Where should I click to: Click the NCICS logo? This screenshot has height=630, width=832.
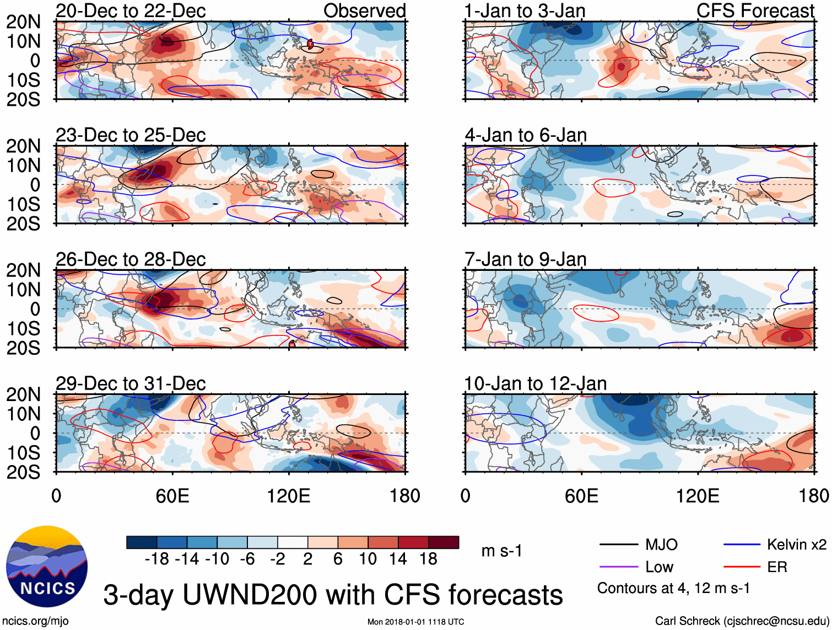[47, 567]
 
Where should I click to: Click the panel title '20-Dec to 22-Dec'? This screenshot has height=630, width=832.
[131, 10]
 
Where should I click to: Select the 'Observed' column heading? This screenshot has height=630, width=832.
[364, 10]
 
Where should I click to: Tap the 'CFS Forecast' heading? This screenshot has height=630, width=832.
[755, 10]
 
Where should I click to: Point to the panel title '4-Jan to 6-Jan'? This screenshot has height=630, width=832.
[526, 135]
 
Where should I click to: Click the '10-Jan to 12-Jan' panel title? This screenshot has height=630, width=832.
[535, 383]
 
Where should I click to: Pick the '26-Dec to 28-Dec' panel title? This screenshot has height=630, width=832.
[131, 259]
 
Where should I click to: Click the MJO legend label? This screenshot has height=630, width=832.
[661, 545]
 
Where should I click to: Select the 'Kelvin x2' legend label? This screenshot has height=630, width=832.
[796, 545]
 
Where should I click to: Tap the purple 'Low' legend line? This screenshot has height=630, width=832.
[618, 567]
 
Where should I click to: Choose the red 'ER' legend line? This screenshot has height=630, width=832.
[742, 567]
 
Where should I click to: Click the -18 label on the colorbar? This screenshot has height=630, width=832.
[157, 559]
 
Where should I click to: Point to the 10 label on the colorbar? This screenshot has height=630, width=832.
[368, 559]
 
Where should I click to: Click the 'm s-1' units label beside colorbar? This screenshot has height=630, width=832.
[501, 551]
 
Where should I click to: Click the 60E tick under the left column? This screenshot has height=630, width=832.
[172, 495]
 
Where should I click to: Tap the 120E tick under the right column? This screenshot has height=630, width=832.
[698, 495]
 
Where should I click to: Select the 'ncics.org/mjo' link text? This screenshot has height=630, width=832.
[35, 621]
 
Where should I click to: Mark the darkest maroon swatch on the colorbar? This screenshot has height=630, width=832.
[444, 542]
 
